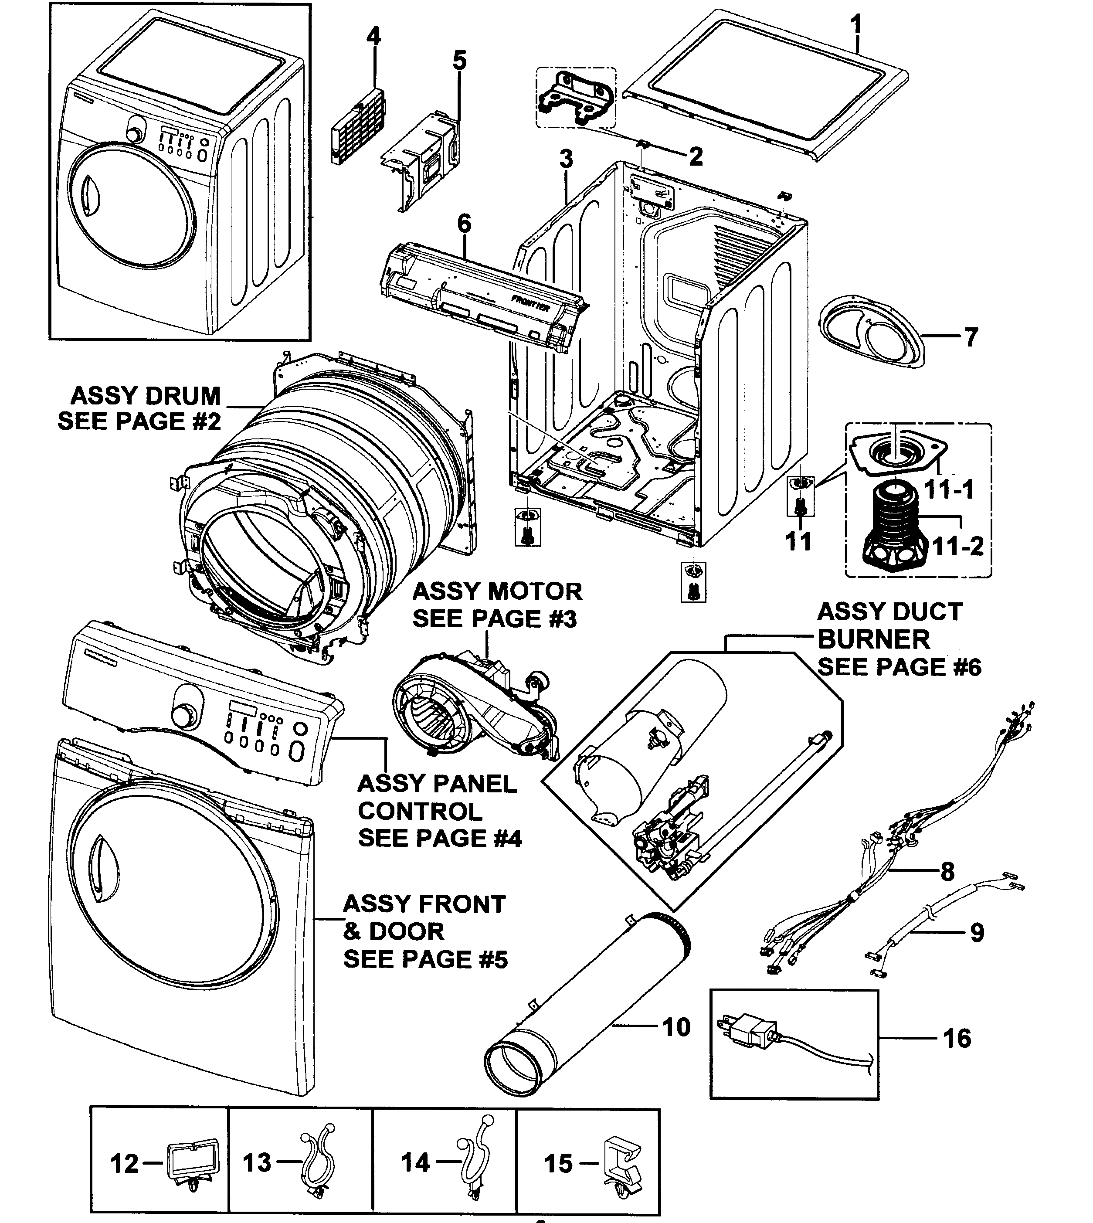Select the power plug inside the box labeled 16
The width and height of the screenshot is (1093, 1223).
747,1032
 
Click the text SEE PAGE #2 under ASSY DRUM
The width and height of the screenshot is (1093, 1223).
139,421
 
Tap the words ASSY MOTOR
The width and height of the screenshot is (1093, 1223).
497,592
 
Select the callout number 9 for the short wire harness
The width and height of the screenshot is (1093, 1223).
977,933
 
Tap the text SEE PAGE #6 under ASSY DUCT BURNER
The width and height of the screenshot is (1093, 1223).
899,667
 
